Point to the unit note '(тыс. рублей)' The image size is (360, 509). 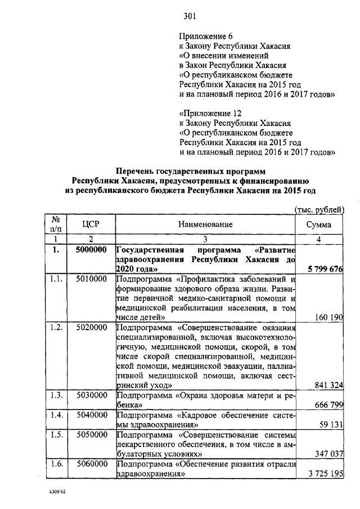point(319,209)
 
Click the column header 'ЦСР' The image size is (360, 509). point(91,224)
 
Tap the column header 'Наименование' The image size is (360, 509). point(205,224)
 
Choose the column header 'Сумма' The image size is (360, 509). point(318,224)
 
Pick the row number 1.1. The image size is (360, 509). point(56,278)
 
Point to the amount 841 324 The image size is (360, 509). point(326,385)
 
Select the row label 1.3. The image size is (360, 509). point(56,394)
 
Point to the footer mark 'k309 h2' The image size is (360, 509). point(57,492)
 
